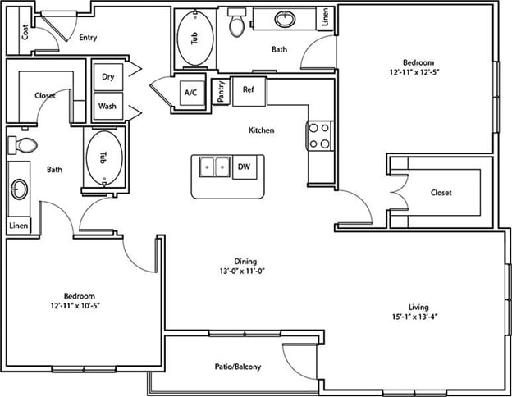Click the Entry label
tap(88, 38)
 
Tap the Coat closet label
tap(25, 32)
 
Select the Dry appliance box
tap(108, 77)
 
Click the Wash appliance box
tap(108, 106)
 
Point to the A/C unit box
tap(192, 93)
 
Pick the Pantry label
tap(221, 92)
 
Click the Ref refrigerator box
tap(249, 91)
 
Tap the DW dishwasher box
tap(245, 167)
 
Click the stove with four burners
tap(320, 136)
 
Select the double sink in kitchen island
tap(214, 167)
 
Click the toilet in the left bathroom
tap(22, 145)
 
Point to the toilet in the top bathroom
tap(237, 22)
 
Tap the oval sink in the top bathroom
tap(285, 19)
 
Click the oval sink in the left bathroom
tap(19, 189)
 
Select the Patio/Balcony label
tap(238, 367)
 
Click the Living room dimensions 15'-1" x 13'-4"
tap(414, 317)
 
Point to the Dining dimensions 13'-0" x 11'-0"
tap(241, 271)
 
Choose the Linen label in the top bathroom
tap(325, 17)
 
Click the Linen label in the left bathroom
tap(19, 226)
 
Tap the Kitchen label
tap(262, 130)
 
